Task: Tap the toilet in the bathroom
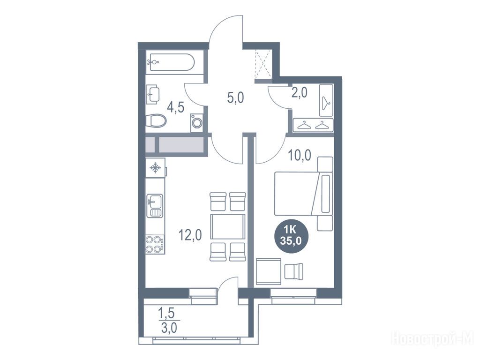pos(156,120)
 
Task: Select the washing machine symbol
pos(196,123)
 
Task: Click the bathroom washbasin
pos(153,94)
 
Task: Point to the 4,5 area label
pos(175,107)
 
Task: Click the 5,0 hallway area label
pos(236,98)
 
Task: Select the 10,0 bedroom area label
pos(300,156)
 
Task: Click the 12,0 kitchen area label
pos(190,235)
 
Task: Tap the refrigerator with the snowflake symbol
pos(156,167)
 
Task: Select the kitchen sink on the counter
pos(155,205)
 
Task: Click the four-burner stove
pos(155,244)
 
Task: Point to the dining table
pos(228,227)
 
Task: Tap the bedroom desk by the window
pos(269,271)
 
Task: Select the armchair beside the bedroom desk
pos(293,271)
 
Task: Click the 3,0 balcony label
pos(168,328)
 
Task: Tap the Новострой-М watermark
pos(433,338)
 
